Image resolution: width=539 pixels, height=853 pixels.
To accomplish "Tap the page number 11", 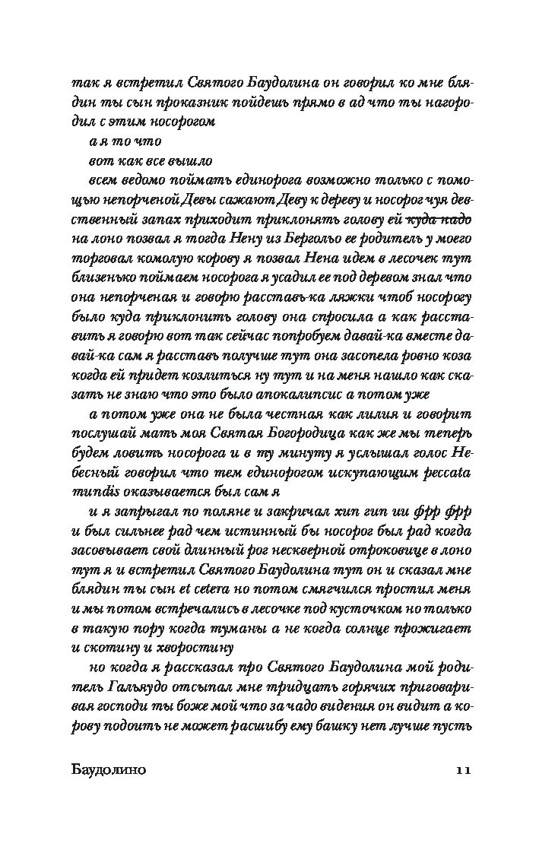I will pyautogui.click(x=464, y=770).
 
